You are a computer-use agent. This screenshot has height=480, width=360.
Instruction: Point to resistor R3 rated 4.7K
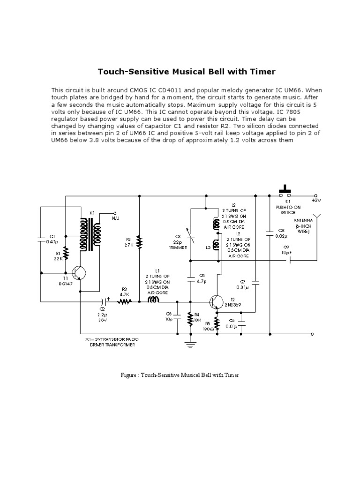point(125,302)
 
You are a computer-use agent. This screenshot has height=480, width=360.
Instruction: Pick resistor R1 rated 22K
point(66,254)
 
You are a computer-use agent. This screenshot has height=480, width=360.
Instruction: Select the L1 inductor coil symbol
point(155,301)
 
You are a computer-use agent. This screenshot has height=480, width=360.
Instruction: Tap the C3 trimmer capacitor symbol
point(190,234)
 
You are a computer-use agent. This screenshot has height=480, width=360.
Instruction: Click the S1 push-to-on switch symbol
point(285,193)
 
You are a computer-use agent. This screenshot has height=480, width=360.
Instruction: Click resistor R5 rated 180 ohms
point(217,322)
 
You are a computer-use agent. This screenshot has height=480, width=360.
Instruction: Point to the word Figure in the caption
point(129,376)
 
